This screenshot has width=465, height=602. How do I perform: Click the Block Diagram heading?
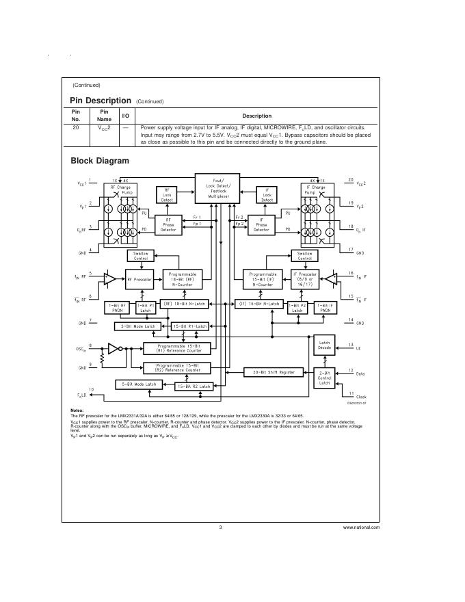coord(100,161)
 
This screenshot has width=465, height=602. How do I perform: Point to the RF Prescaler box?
coord(139,279)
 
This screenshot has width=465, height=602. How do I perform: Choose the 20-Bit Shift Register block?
coord(274,372)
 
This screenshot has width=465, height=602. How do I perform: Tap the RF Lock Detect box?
coord(168,195)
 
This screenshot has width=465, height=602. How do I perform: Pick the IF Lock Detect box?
coord(267,195)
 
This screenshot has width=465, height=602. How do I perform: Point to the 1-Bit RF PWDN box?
coord(116,307)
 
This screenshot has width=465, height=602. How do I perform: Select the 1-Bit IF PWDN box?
coord(323,307)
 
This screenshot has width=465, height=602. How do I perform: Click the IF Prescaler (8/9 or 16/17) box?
coord(300,278)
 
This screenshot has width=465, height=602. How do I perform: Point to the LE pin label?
coord(358,348)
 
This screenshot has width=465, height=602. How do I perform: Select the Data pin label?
coord(360,374)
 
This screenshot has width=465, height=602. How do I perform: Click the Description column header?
coord(256,116)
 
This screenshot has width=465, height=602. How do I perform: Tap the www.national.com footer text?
coord(361,527)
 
